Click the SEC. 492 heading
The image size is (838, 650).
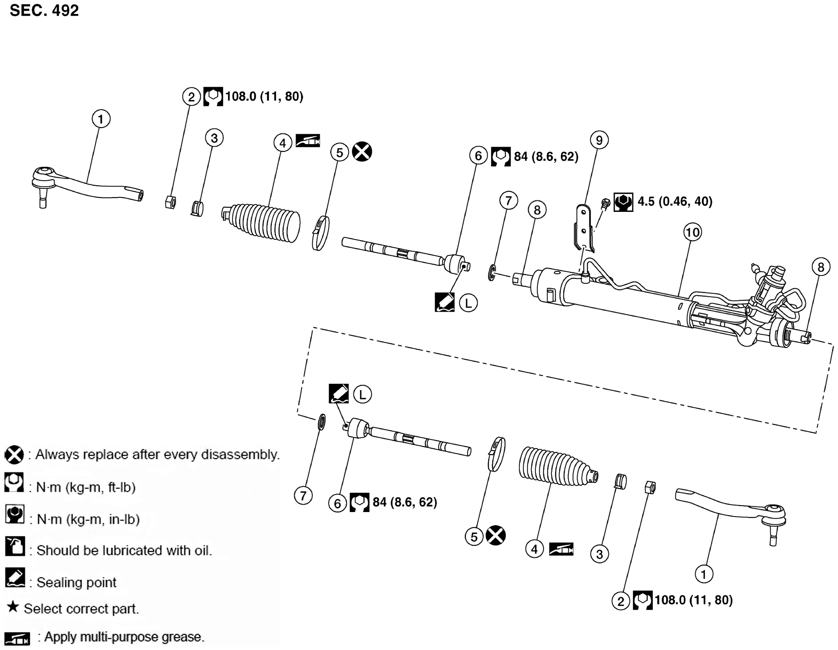coord(44,10)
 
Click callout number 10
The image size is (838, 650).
coord(692,232)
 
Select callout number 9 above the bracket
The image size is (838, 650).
coord(599,140)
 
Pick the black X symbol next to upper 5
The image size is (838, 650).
coord(362,152)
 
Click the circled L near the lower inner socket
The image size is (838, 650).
coord(362,395)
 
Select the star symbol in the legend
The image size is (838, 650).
coord(13,606)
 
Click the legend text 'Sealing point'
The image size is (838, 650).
coord(76,582)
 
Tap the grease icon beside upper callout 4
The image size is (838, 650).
coord(307,141)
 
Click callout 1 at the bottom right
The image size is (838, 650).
coord(703,574)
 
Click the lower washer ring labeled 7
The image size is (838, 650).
coord(322,423)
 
